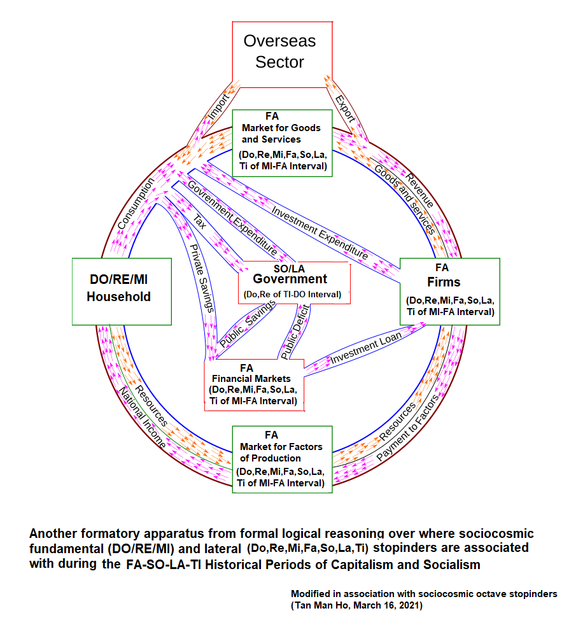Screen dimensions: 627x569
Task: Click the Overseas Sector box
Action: pos(280,52)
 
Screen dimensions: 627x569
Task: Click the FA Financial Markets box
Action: pos(253,384)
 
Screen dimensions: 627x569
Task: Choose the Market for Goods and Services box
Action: pos(281,143)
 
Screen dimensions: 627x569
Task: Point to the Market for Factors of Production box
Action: pos(282,459)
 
